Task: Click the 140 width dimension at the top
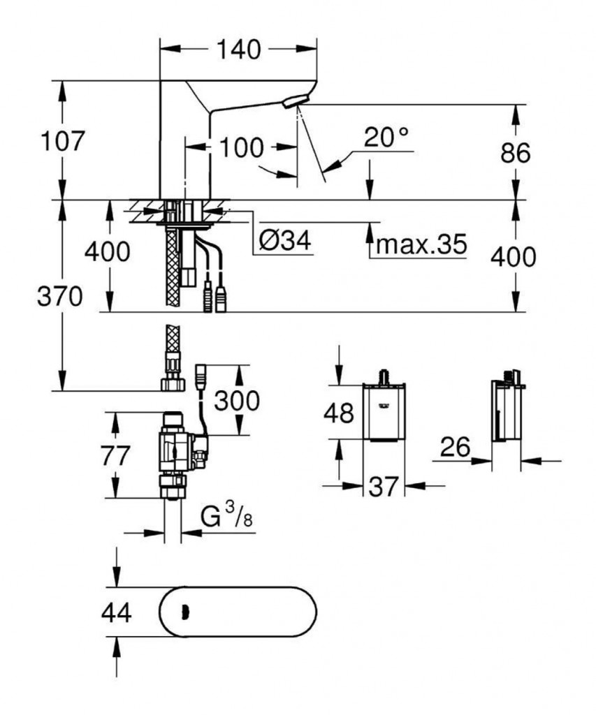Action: pyautogui.click(x=240, y=50)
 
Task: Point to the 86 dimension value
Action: pyautogui.click(x=516, y=153)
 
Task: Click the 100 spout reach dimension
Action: pyautogui.click(x=242, y=147)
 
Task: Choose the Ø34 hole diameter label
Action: pyautogui.click(x=284, y=242)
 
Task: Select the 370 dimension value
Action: pyautogui.click(x=60, y=297)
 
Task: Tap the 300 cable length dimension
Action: pyautogui.click(x=236, y=400)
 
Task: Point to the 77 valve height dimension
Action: pyautogui.click(x=115, y=456)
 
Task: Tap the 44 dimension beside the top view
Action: pyautogui.click(x=116, y=612)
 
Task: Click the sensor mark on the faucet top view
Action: pyautogui.click(x=184, y=612)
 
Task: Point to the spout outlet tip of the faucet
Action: pyautogui.click(x=295, y=103)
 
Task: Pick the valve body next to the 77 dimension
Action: pyautogui.click(x=175, y=450)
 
